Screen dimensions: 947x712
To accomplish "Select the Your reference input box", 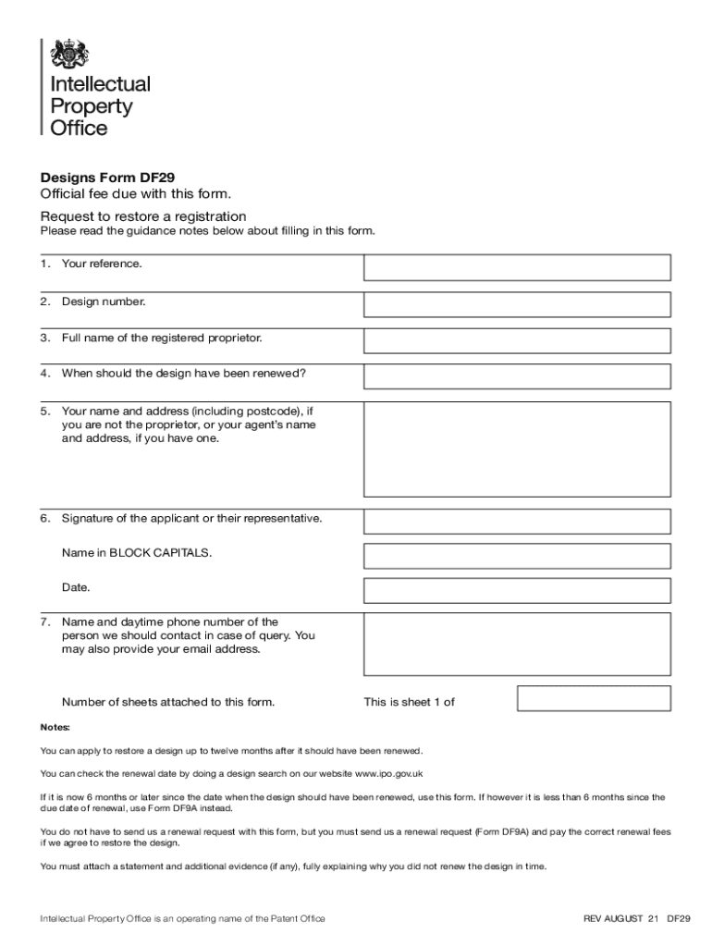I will (x=517, y=267).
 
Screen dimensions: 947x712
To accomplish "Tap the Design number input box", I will (x=517, y=304).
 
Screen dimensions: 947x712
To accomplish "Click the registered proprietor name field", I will (x=517, y=340).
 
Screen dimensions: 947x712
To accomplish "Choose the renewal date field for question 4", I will (x=517, y=376).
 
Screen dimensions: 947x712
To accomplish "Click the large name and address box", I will (x=517, y=449).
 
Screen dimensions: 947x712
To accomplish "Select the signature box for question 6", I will (x=517, y=521).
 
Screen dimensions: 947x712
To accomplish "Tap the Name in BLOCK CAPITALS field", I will (x=517, y=556).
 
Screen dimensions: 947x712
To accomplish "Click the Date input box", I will (x=517, y=590).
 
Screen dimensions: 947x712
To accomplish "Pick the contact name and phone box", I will (x=517, y=644).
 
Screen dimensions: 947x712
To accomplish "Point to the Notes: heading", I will (x=55, y=727).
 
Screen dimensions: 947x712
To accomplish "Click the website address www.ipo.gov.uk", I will (x=388, y=773).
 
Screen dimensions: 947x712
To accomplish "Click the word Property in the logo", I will (x=91, y=106).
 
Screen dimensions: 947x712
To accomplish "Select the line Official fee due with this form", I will (x=134, y=194).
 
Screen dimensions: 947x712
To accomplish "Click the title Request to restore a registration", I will (x=142, y=216).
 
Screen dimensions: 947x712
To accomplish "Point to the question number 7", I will (x=44, y=622).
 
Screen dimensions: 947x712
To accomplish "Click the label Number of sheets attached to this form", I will (x=168, y=702).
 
